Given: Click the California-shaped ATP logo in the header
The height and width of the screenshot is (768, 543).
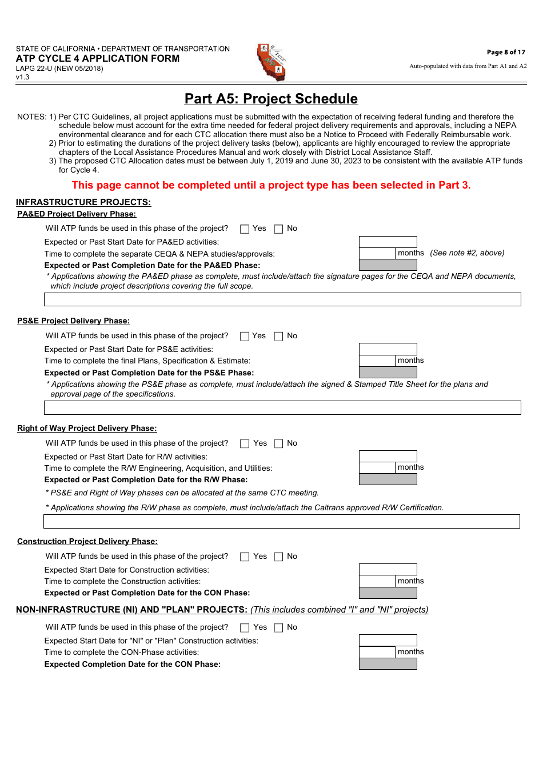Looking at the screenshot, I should [x=271, y=62].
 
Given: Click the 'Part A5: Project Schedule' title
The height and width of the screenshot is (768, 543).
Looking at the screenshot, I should [x=271, y=99].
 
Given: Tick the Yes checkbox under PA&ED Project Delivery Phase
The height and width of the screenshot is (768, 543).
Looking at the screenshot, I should [x=245, y=229].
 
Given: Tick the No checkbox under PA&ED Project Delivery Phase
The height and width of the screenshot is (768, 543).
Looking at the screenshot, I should [x=278, y=229].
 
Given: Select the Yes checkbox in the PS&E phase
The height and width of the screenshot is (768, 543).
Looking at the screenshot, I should [x=245, y=337].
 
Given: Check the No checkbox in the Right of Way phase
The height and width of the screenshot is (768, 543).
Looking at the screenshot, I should [x=278, y=444].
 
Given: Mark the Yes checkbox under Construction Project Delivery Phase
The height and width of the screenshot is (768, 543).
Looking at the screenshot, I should [x=245, y=557].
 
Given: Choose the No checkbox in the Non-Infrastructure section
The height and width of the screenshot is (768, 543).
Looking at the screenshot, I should [x=278, y=628].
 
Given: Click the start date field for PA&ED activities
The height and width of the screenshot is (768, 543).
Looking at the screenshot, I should [x=388, y=242].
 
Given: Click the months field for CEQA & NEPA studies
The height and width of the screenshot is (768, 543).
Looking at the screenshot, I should [x=377, y=253].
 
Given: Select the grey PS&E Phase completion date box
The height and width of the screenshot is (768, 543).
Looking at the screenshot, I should [x=388, y=373].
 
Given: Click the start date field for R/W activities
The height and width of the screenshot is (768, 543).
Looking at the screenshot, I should [x=388, y=456].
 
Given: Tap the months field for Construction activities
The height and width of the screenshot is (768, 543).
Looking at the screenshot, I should [x=377, y=581].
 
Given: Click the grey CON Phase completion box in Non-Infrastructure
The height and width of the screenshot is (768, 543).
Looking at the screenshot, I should [x=388, y=664].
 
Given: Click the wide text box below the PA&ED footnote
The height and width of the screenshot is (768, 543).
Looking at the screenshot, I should [x=282, y=299].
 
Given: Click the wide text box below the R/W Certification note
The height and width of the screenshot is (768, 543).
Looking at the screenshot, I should [x=282, y=521].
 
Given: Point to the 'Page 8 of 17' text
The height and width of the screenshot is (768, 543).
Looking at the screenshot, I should [x=506, y=52].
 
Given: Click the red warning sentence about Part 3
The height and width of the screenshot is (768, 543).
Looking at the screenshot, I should [x=271, y=185].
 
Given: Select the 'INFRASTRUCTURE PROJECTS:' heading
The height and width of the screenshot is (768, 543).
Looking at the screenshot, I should [x=83, y=202].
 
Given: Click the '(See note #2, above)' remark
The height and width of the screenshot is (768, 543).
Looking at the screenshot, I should [x=467, y=253].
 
